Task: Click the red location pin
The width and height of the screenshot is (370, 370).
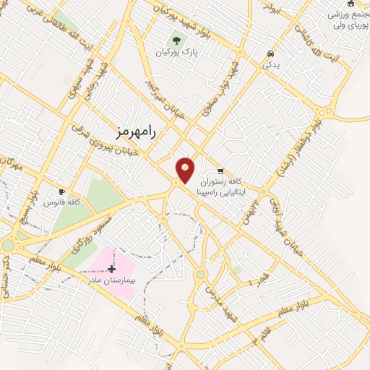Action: pos(186,170)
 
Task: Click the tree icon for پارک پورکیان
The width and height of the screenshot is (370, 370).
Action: pos(177,40)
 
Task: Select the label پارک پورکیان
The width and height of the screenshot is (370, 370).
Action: pos(177,52)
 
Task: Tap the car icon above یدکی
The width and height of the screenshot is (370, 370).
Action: pos(270,53)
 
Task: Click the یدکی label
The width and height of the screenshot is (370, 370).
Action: pos(270,65)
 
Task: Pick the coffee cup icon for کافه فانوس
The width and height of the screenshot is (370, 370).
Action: pos(62,193)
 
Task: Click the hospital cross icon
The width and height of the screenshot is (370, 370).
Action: pos(111,269)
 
